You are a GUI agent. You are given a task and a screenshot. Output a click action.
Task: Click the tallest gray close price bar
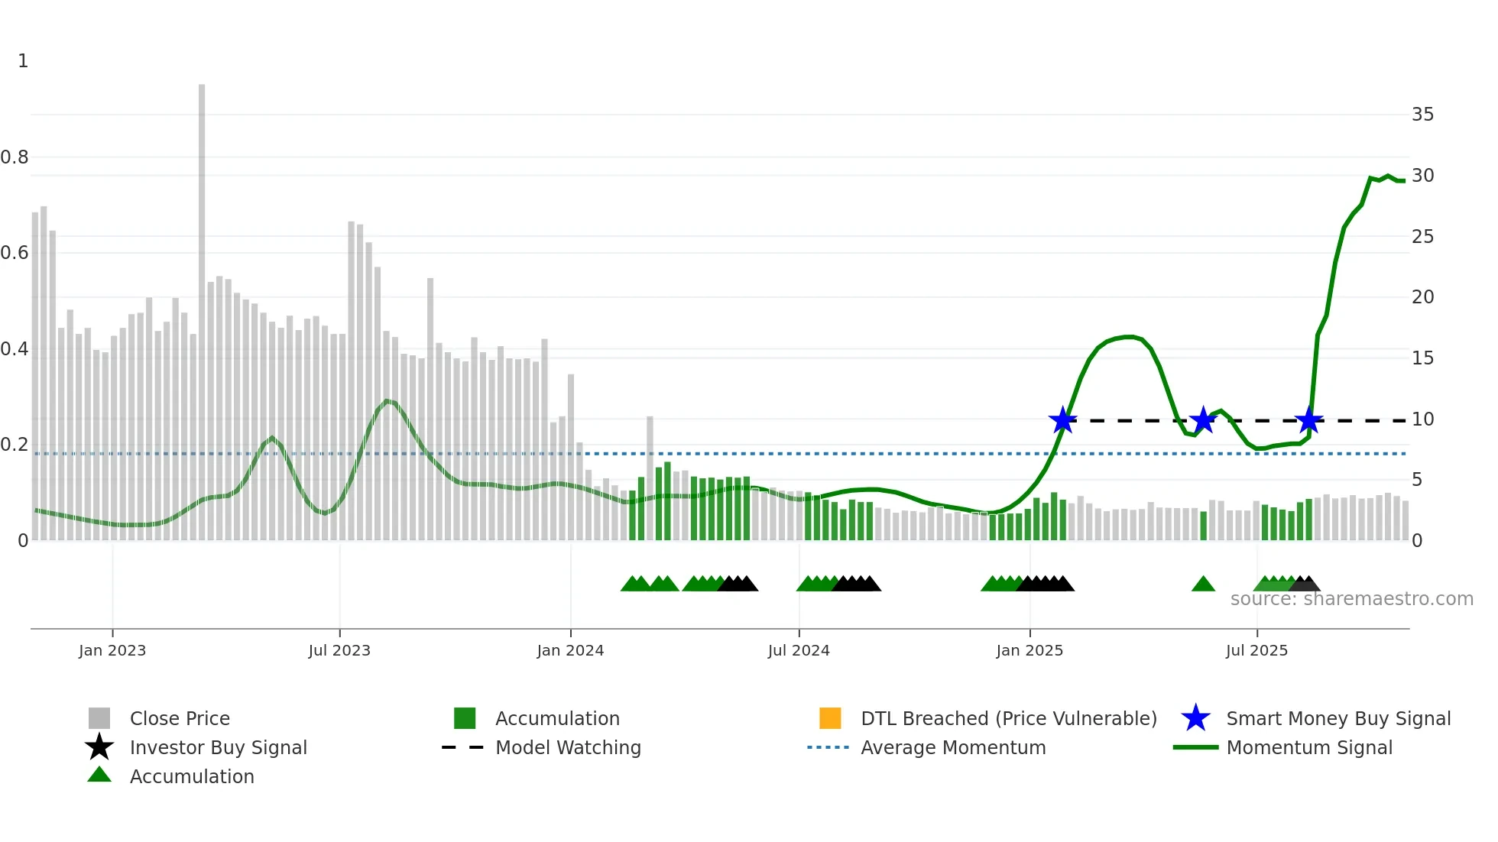202,306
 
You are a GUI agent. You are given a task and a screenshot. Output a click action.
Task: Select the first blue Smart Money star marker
1062,420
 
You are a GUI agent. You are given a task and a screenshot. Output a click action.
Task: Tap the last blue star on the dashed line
1309,420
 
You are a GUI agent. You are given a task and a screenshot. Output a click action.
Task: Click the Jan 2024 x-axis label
570,650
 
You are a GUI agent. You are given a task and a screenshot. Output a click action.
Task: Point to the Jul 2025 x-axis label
1256,650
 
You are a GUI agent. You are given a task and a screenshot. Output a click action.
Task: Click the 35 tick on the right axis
1422,115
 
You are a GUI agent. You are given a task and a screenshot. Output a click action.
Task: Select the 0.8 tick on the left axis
15,157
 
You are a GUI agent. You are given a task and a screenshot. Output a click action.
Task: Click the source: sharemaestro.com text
1351,599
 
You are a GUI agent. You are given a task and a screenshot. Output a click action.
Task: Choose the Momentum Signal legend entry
1308,747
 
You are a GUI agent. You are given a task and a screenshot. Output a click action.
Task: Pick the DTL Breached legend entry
1008,718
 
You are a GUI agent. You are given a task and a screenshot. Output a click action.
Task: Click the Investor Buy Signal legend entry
218,747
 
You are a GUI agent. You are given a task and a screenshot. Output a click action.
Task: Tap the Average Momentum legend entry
952,747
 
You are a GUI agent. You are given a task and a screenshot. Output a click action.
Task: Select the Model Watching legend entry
567,747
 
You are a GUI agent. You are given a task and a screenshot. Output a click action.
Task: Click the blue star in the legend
1195,718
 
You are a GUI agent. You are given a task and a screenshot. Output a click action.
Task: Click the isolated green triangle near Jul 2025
1203,585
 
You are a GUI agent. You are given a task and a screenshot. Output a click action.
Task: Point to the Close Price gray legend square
99,718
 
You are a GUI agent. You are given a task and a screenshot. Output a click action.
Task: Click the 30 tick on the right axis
1422,176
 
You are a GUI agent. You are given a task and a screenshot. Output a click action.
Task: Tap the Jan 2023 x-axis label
112,650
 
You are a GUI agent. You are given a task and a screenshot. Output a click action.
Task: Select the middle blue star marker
1203,420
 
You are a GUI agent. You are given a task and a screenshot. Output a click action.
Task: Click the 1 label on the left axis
23,61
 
